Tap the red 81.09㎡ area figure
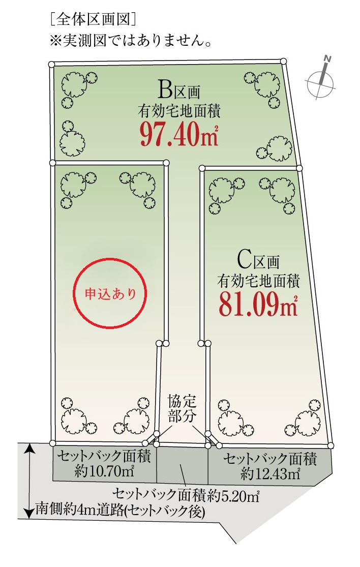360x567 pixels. tap(258, 305)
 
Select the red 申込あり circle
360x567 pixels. tap(110, 258)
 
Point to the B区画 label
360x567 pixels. tap(179, 91)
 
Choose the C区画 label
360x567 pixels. tap(258, 260)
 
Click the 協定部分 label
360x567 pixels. tap(182, 409)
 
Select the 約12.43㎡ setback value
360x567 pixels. tap(270, 473)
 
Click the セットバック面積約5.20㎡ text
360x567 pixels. tap(186, 495)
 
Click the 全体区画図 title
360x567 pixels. tap(93, 20)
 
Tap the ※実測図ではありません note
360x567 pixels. tap(130, 41)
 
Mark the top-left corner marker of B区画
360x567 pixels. tap(51, 64)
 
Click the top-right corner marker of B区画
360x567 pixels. tap(284, 61)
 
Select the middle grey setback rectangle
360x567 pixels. tap(182, 465)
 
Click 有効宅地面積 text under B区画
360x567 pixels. tap(179, 112)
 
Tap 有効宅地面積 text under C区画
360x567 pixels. tap(258, 281)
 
